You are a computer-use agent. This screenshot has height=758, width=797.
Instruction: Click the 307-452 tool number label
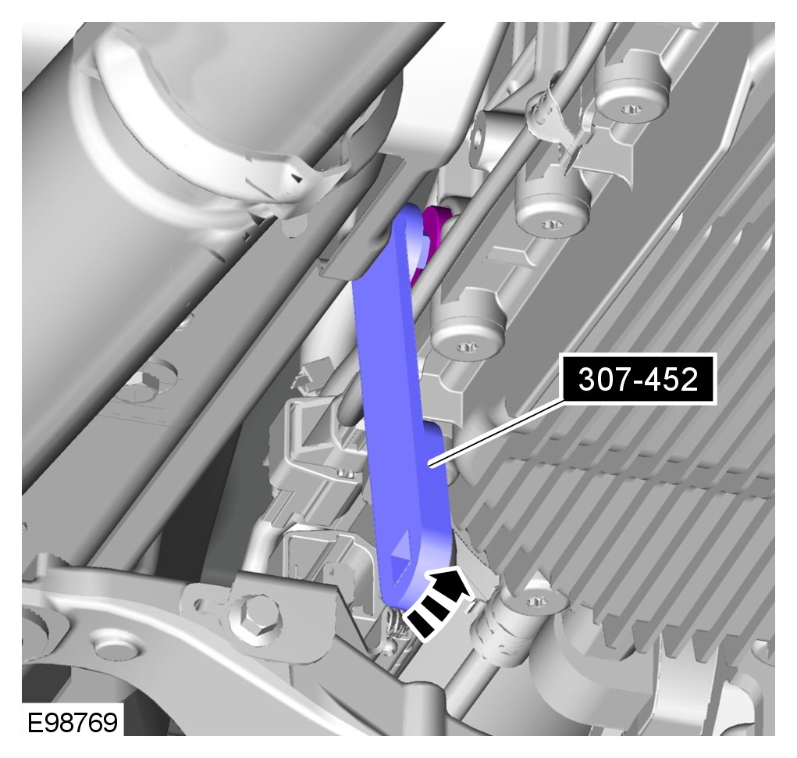pyautogui.click(x=639, y=380)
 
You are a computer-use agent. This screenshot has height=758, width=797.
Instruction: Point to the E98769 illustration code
pyautogui.click(x=73, y=722)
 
